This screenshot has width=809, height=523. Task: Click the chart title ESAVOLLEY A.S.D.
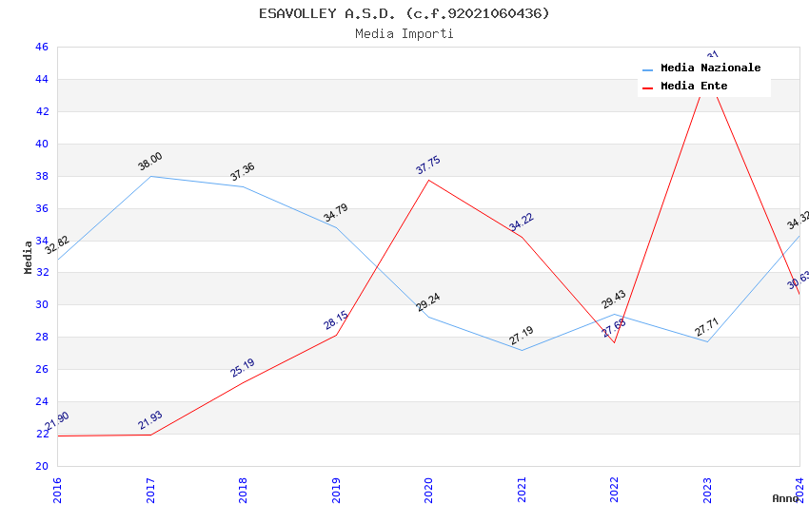pos(404,13)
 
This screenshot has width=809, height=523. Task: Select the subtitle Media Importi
pos(404,33)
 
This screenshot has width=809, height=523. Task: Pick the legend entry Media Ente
pos(694,87)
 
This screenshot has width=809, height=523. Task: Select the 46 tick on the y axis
pos(42,48)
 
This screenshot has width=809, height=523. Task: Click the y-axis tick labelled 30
pos(42,305)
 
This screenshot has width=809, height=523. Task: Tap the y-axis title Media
pos(29,257)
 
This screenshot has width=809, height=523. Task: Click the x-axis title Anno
pos(785,498)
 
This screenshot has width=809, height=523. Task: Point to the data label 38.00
pos(150,162)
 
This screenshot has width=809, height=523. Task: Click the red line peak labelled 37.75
pos(429,180)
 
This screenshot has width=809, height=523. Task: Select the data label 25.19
pos(243,367)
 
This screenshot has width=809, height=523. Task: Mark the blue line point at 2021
pos(522,350)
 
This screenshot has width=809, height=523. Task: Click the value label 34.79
pos(335,213)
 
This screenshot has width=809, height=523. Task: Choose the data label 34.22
pos(522,222)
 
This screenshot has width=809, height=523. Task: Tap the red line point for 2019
pos(336,335)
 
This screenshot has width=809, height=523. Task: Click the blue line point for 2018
pos(244,186)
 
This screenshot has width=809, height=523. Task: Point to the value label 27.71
pos(707,327)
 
